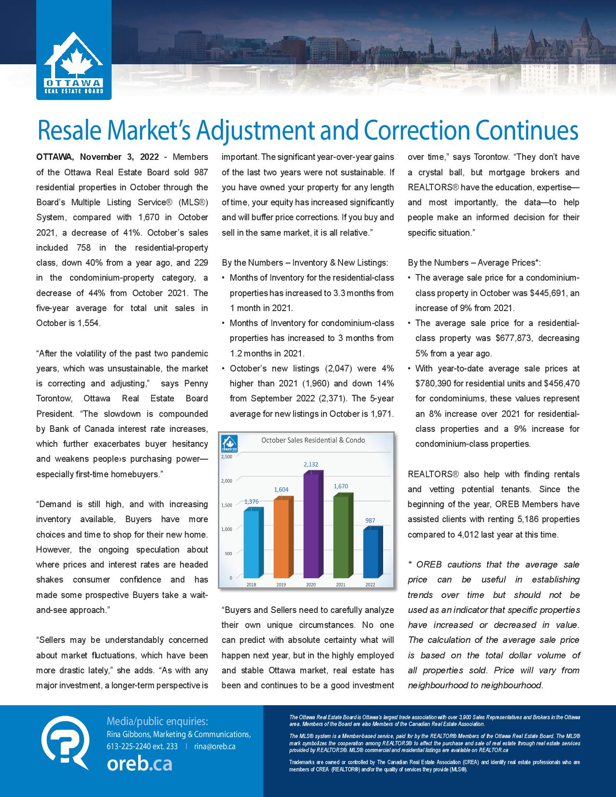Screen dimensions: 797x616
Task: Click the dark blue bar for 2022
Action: click(371, 553)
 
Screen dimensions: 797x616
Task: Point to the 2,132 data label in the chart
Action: click(311, 464)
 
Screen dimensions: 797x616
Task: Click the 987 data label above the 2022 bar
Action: click(370, 520)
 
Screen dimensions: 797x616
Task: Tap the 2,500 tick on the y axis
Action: click(227, 456)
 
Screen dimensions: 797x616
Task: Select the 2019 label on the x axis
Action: click(281, 584)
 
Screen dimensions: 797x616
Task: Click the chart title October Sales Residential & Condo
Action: click(313, 440)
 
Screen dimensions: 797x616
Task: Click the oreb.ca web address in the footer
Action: click(139, 764)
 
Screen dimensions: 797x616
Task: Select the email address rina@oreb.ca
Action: click(215, 746)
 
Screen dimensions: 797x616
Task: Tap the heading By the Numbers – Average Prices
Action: click(474, 263)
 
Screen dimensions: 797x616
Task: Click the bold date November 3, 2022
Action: click(119, 157)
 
